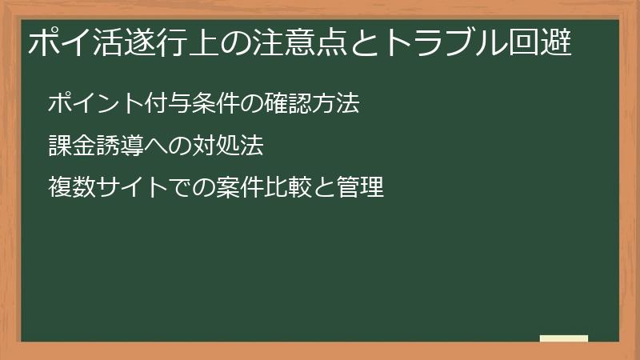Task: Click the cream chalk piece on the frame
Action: pyautogui.click(x=564, y=338)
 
